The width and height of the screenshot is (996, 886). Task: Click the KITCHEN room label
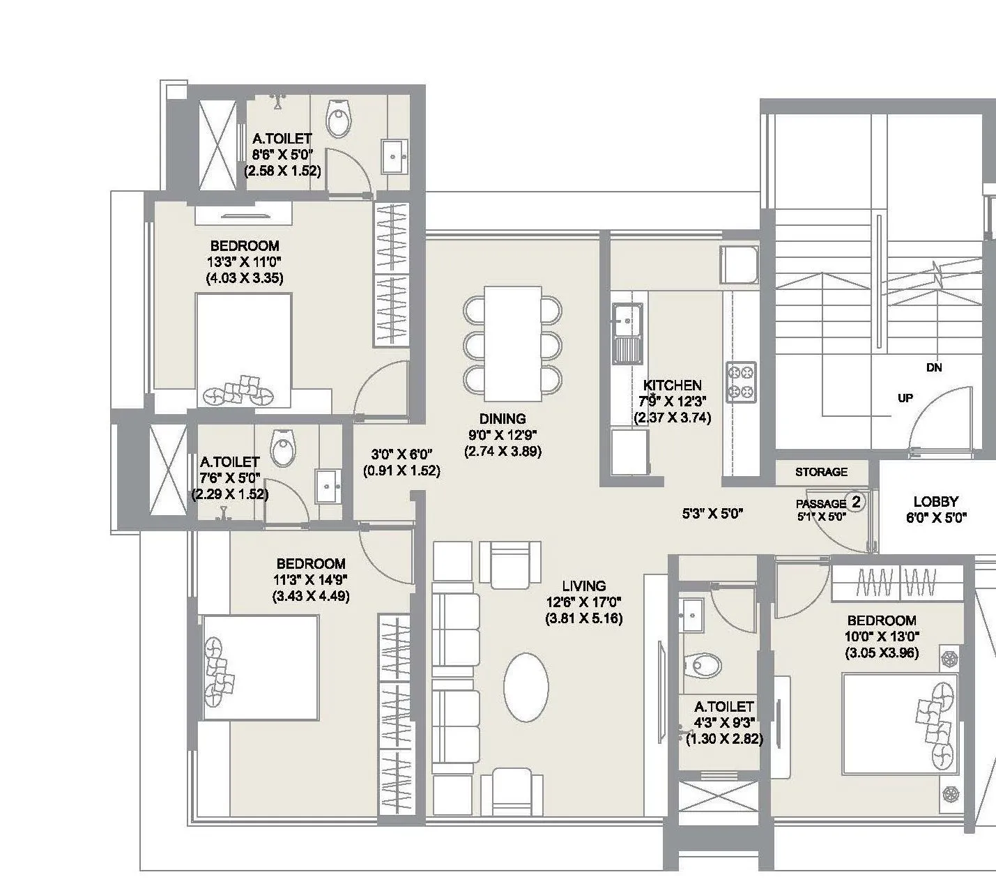(x=672, y=385)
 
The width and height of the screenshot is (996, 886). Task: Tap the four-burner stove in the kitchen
(x=741, y=382)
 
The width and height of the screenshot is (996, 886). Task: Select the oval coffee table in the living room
(x=526, y=687)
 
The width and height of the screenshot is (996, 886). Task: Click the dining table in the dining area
(x=513, y=343)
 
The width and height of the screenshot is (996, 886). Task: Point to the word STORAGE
(x=821, y=472)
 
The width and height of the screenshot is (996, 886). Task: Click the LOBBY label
(x=935, y=501)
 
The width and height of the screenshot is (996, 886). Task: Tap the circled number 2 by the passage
(x=856, y=501)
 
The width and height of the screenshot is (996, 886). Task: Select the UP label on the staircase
(x=905, y=398)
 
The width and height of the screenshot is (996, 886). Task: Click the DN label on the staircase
(x=934, y=367)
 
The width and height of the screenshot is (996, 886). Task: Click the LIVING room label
(x=584, y=586)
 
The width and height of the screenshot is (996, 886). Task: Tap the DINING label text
(x=502, y=419)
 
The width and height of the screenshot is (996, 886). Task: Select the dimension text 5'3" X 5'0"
(x=712, y=514)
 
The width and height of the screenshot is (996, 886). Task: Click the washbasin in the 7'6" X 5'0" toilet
(x=327, y=484)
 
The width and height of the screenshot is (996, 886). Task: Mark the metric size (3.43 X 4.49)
(x=311, y=596)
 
